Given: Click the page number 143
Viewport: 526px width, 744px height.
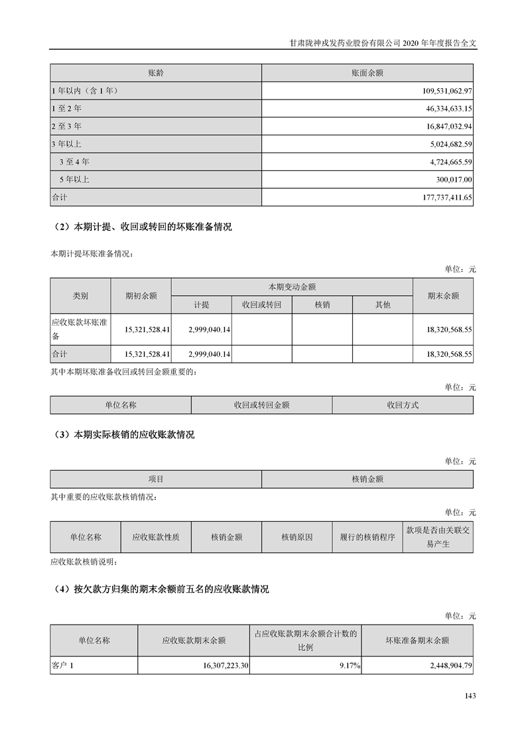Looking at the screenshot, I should [470, 696].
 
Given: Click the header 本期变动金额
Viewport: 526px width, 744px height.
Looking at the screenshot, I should [292, 287].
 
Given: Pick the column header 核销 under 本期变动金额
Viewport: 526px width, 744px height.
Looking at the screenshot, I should [322, 304].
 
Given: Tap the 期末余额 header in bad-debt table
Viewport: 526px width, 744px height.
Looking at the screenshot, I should [443, 296].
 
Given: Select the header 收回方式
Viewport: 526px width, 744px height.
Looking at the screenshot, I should [403, 404].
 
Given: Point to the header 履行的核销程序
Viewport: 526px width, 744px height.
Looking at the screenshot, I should [367, 537].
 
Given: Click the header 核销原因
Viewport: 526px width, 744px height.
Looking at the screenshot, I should [296, 537].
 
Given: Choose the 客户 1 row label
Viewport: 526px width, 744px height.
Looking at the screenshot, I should [65, 665].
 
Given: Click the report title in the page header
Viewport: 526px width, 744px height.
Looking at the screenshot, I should [384, 41].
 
